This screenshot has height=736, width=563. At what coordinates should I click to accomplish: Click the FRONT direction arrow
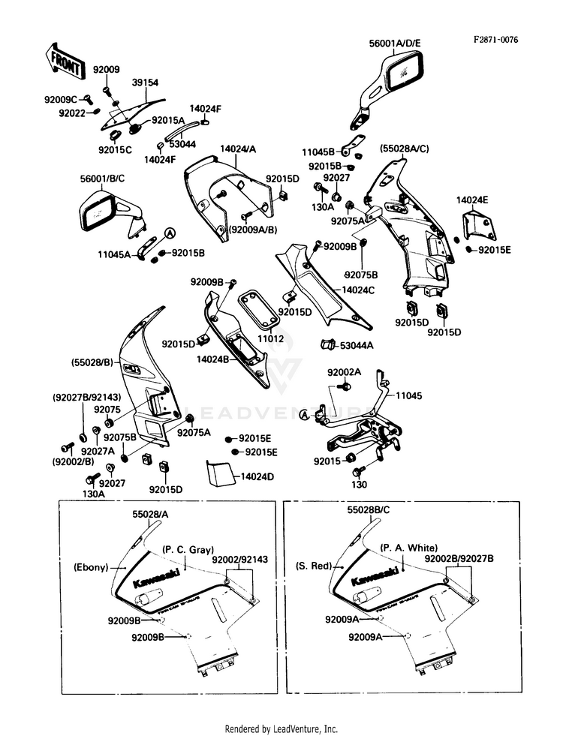point(65,60)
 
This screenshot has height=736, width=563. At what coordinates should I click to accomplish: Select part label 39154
point(145,83)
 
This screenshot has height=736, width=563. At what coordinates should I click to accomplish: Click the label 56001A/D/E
point(396,43)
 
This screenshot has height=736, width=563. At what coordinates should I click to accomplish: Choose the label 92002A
point(344,372)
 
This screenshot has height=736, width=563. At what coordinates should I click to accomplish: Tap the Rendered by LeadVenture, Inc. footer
point(281,728)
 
